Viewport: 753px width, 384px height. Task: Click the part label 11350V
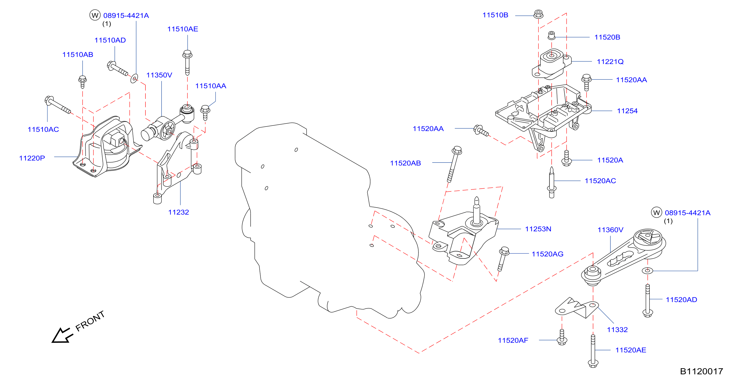[159, 75]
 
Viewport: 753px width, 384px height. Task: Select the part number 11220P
[32, 158]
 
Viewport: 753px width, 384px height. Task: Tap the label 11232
[178, 212]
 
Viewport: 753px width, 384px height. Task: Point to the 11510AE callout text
[182, 29]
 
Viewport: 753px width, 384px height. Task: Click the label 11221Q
[610, 62]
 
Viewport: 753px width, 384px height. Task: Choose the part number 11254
[627, 111]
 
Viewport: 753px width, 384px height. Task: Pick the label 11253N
[538, 229]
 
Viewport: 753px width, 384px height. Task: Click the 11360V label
[610, 230]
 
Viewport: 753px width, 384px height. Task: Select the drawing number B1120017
[701, 371]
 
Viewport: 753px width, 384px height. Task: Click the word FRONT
[90, 321]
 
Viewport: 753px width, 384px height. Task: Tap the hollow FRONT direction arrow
[62, 335]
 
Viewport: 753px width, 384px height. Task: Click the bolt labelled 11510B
[538, 14]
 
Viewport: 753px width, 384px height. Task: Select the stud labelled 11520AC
[551, 182]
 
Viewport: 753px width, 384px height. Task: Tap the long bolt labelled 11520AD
[647, 300]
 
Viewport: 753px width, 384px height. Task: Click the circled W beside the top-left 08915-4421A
[95, 15]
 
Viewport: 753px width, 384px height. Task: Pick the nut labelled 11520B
[551, 35]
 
